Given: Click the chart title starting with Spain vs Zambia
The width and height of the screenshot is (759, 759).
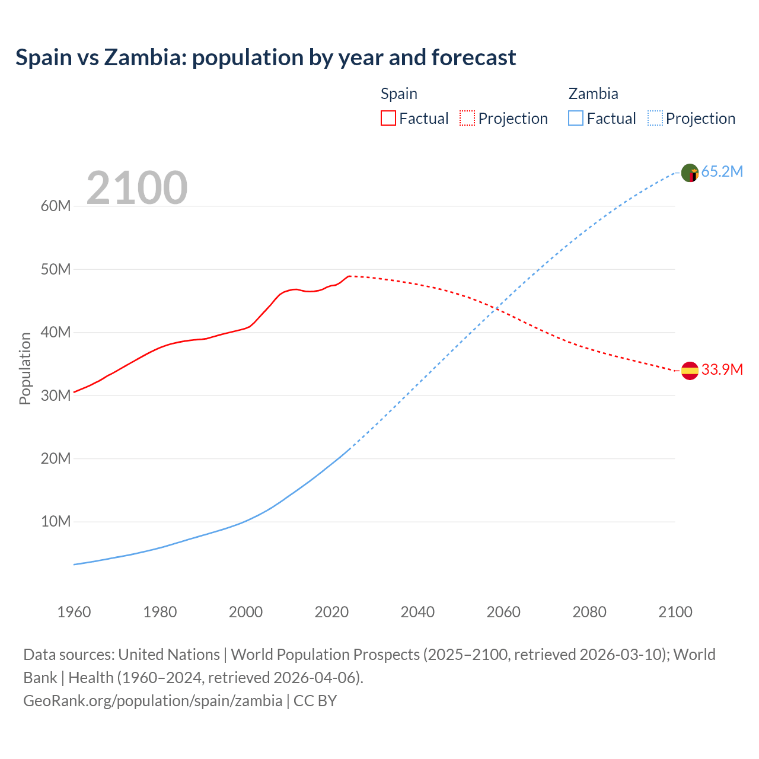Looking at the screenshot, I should pos(266,58).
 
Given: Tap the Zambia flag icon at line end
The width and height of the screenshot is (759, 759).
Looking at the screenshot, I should pos(690,173).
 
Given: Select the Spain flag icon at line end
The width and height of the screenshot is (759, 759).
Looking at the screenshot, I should pos(690,371).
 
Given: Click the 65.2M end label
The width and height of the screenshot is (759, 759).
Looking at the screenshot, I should pos(722,171).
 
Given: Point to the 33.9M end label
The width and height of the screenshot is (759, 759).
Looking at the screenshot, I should pos(722,369).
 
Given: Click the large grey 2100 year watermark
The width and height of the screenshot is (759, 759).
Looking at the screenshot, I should pos(137,188).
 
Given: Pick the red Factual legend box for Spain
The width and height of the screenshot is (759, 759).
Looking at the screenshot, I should pos(388,118).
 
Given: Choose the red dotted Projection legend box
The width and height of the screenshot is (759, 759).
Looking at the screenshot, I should pos(467,118).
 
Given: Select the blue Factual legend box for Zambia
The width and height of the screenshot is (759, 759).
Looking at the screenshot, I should pos(575,118).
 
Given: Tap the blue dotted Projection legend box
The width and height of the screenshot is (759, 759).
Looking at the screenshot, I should pos(655,118).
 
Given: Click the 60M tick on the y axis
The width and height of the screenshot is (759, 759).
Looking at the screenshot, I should pos(56,206).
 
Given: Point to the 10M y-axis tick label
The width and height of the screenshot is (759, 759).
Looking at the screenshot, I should pos(56,521).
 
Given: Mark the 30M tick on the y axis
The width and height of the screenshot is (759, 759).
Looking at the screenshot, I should pos(56,395).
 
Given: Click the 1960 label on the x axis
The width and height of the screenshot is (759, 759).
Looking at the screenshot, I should pos(74,612).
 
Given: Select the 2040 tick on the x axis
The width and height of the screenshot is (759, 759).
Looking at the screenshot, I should pos(417,612).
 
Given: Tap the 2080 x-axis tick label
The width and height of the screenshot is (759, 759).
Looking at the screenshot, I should pos(589,612).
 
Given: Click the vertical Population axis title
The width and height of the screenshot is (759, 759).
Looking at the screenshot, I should pos(25,368).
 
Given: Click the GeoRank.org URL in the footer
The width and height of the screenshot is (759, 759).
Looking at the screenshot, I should pos(153,700).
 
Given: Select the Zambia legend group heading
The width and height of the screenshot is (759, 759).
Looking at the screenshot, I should pos(593,94).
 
